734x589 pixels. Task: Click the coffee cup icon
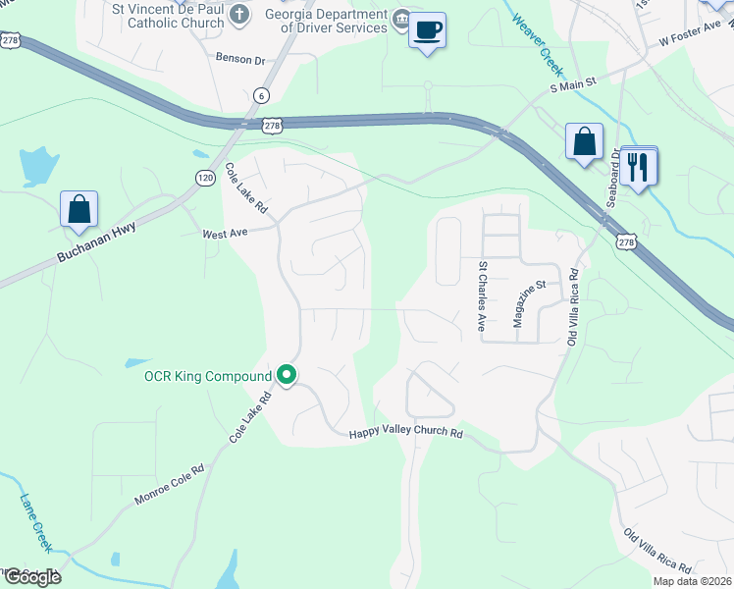tap(427, 30)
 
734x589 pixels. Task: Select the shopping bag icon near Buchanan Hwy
tap(79, 210)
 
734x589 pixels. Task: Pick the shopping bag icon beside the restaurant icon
tap(584, 141)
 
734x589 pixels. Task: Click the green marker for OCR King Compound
tap(287, 375)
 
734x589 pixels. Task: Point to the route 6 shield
tap(260, 95)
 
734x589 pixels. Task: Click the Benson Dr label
tap(240, 60)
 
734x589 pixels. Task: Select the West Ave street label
tap(225, 234)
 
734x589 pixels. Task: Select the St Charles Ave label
tap(482, 294)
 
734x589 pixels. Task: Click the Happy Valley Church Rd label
tap(405, 433)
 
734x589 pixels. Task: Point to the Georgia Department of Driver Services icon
tap(401, 20)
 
